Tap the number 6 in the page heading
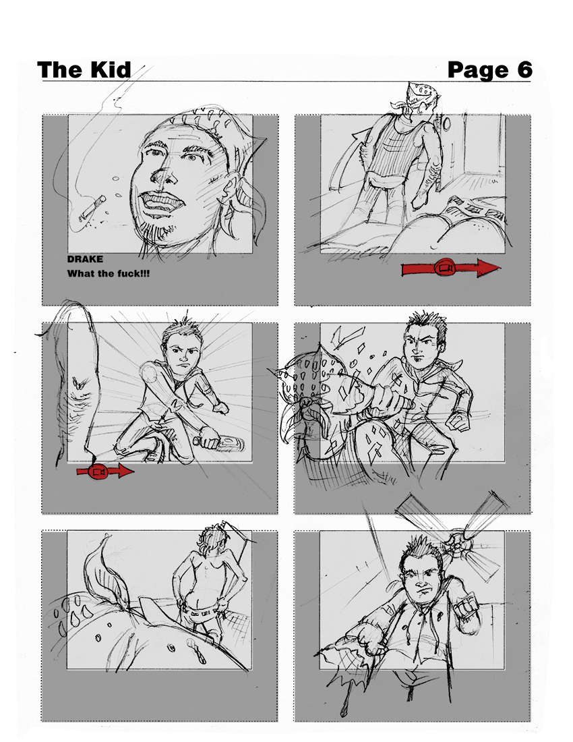pos(524,69)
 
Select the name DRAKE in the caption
pos(85,259)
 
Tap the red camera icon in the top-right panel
pos(445,268)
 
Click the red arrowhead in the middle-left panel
pos(124,472)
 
